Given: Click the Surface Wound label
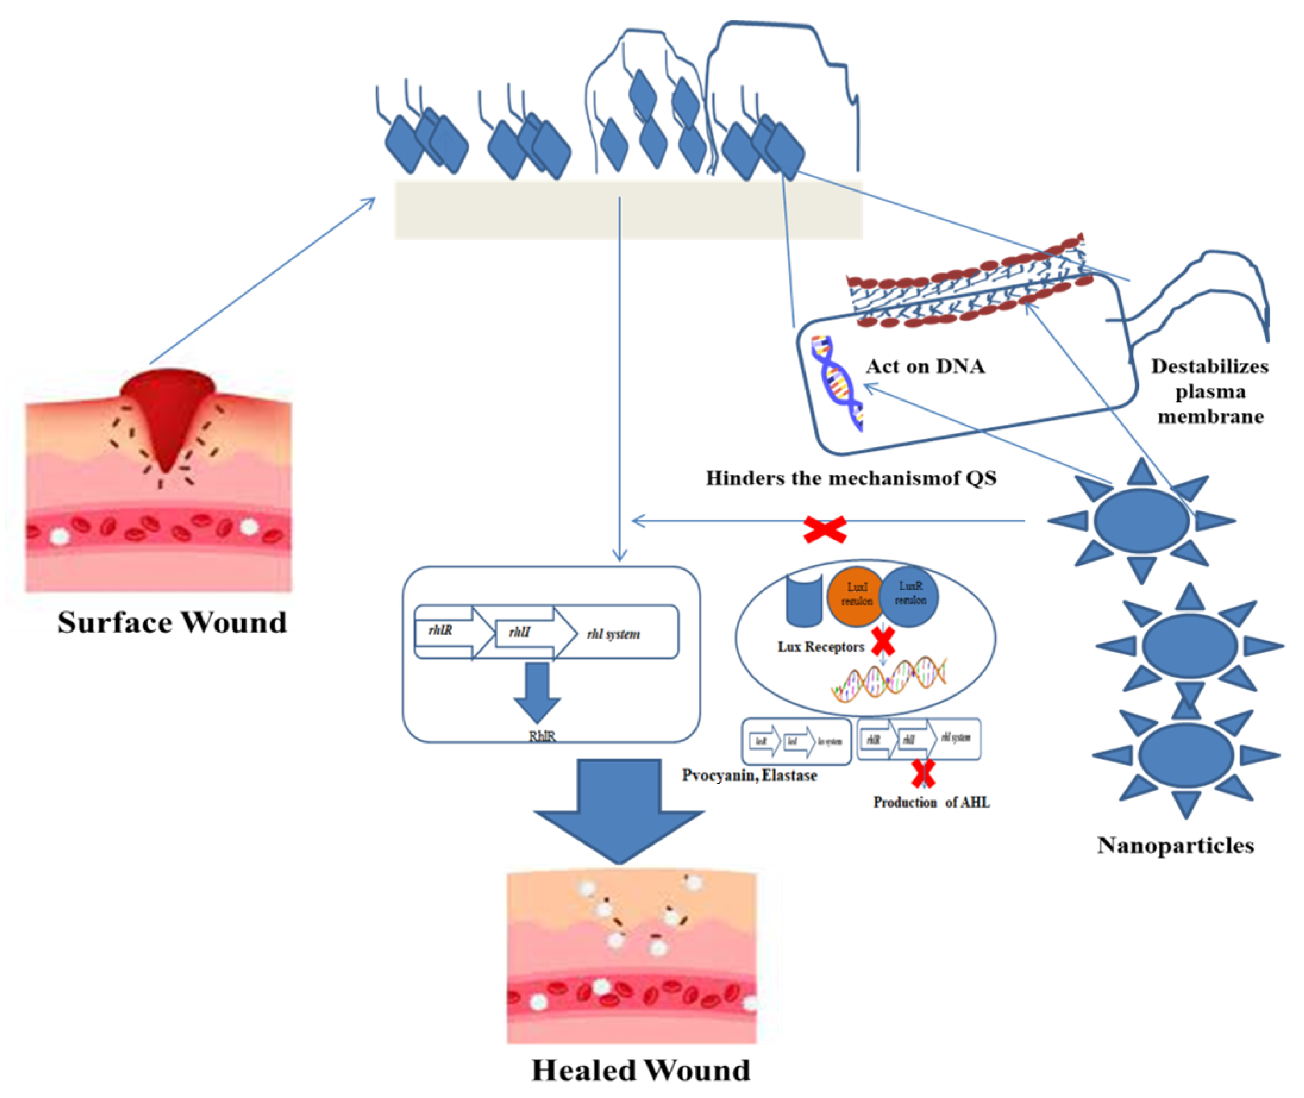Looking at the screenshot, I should click(172, 623).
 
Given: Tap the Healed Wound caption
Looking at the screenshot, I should click(641, 1070).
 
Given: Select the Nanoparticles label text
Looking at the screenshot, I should click(1175, 845).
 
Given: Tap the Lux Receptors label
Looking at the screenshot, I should click(820, 647).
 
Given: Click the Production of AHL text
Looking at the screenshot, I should click(931, 802).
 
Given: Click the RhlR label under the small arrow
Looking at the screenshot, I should click(541, 736).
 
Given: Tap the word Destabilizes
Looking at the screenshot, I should click(1209, 367).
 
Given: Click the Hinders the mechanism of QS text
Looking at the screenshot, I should click(851, 478).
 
